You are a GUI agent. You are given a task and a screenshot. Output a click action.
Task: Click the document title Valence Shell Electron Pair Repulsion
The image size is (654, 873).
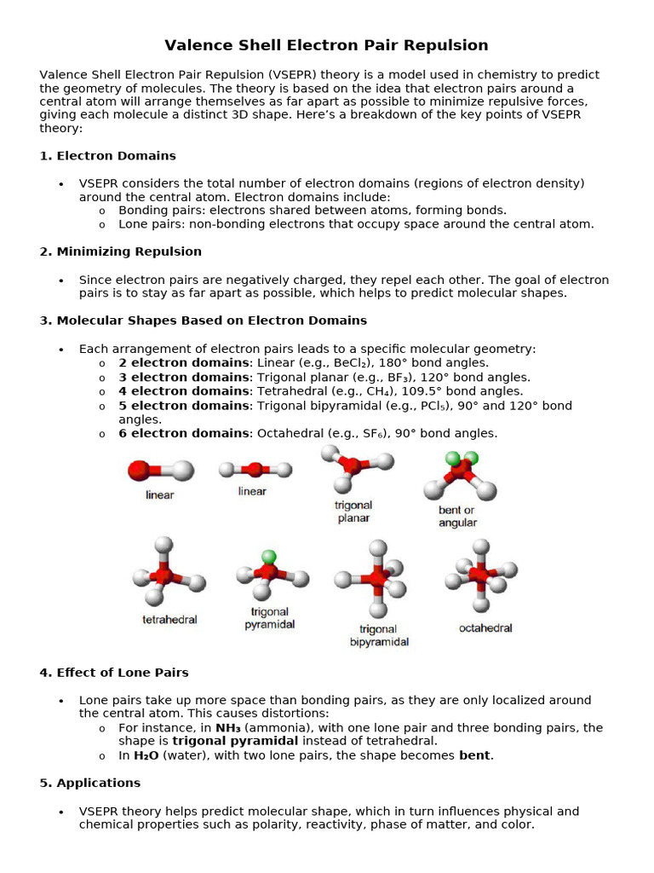326,45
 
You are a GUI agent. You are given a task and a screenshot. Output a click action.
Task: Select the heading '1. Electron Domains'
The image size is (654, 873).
107,156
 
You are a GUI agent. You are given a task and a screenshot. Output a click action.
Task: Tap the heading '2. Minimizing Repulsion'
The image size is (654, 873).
120,251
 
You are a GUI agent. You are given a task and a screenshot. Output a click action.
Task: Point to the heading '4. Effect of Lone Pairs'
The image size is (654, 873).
114,673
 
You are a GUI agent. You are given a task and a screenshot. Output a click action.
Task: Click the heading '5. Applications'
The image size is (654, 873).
89,783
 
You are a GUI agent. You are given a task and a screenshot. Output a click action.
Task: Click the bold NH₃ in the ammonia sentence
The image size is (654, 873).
228,728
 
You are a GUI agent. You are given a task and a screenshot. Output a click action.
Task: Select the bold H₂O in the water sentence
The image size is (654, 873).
146,755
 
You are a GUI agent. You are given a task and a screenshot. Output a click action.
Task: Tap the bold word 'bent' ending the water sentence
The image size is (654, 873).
474,755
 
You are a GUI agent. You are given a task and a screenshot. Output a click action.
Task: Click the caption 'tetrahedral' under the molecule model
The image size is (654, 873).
169,620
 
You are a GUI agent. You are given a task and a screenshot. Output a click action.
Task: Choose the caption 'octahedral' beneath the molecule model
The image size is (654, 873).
485,628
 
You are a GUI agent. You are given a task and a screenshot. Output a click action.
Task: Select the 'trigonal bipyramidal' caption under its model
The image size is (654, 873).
379,635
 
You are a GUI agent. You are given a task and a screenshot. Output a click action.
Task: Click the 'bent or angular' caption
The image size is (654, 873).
457,517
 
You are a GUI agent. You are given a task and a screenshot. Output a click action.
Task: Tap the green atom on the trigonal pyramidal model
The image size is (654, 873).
269,557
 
